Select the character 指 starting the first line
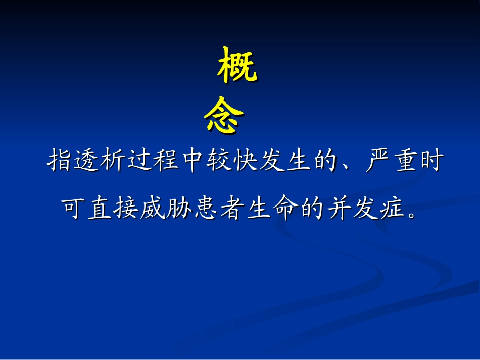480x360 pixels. [60, 162]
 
